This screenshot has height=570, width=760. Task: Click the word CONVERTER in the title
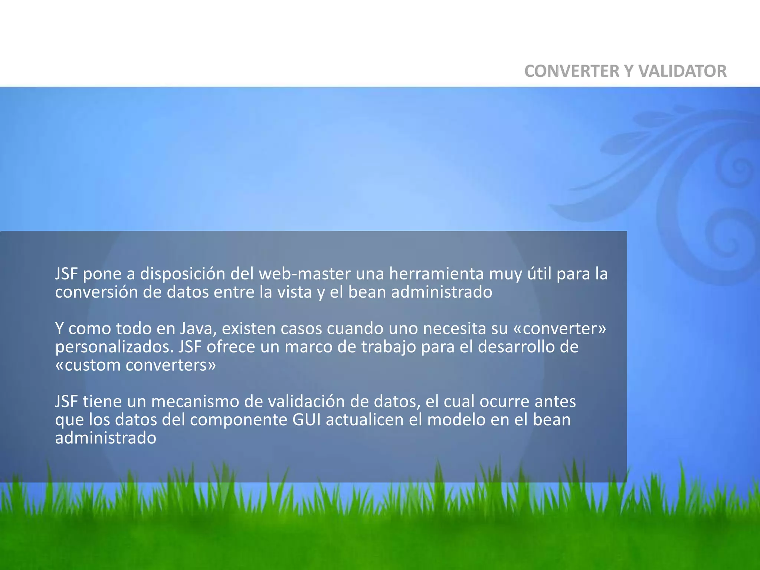[x=571, y=71]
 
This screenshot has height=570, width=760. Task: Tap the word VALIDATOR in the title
[x=682, y=71]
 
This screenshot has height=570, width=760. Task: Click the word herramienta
[x=436, y=274]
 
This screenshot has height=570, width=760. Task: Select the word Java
[x=196, y=328]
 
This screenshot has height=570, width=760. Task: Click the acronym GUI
[x=307, y=420]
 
